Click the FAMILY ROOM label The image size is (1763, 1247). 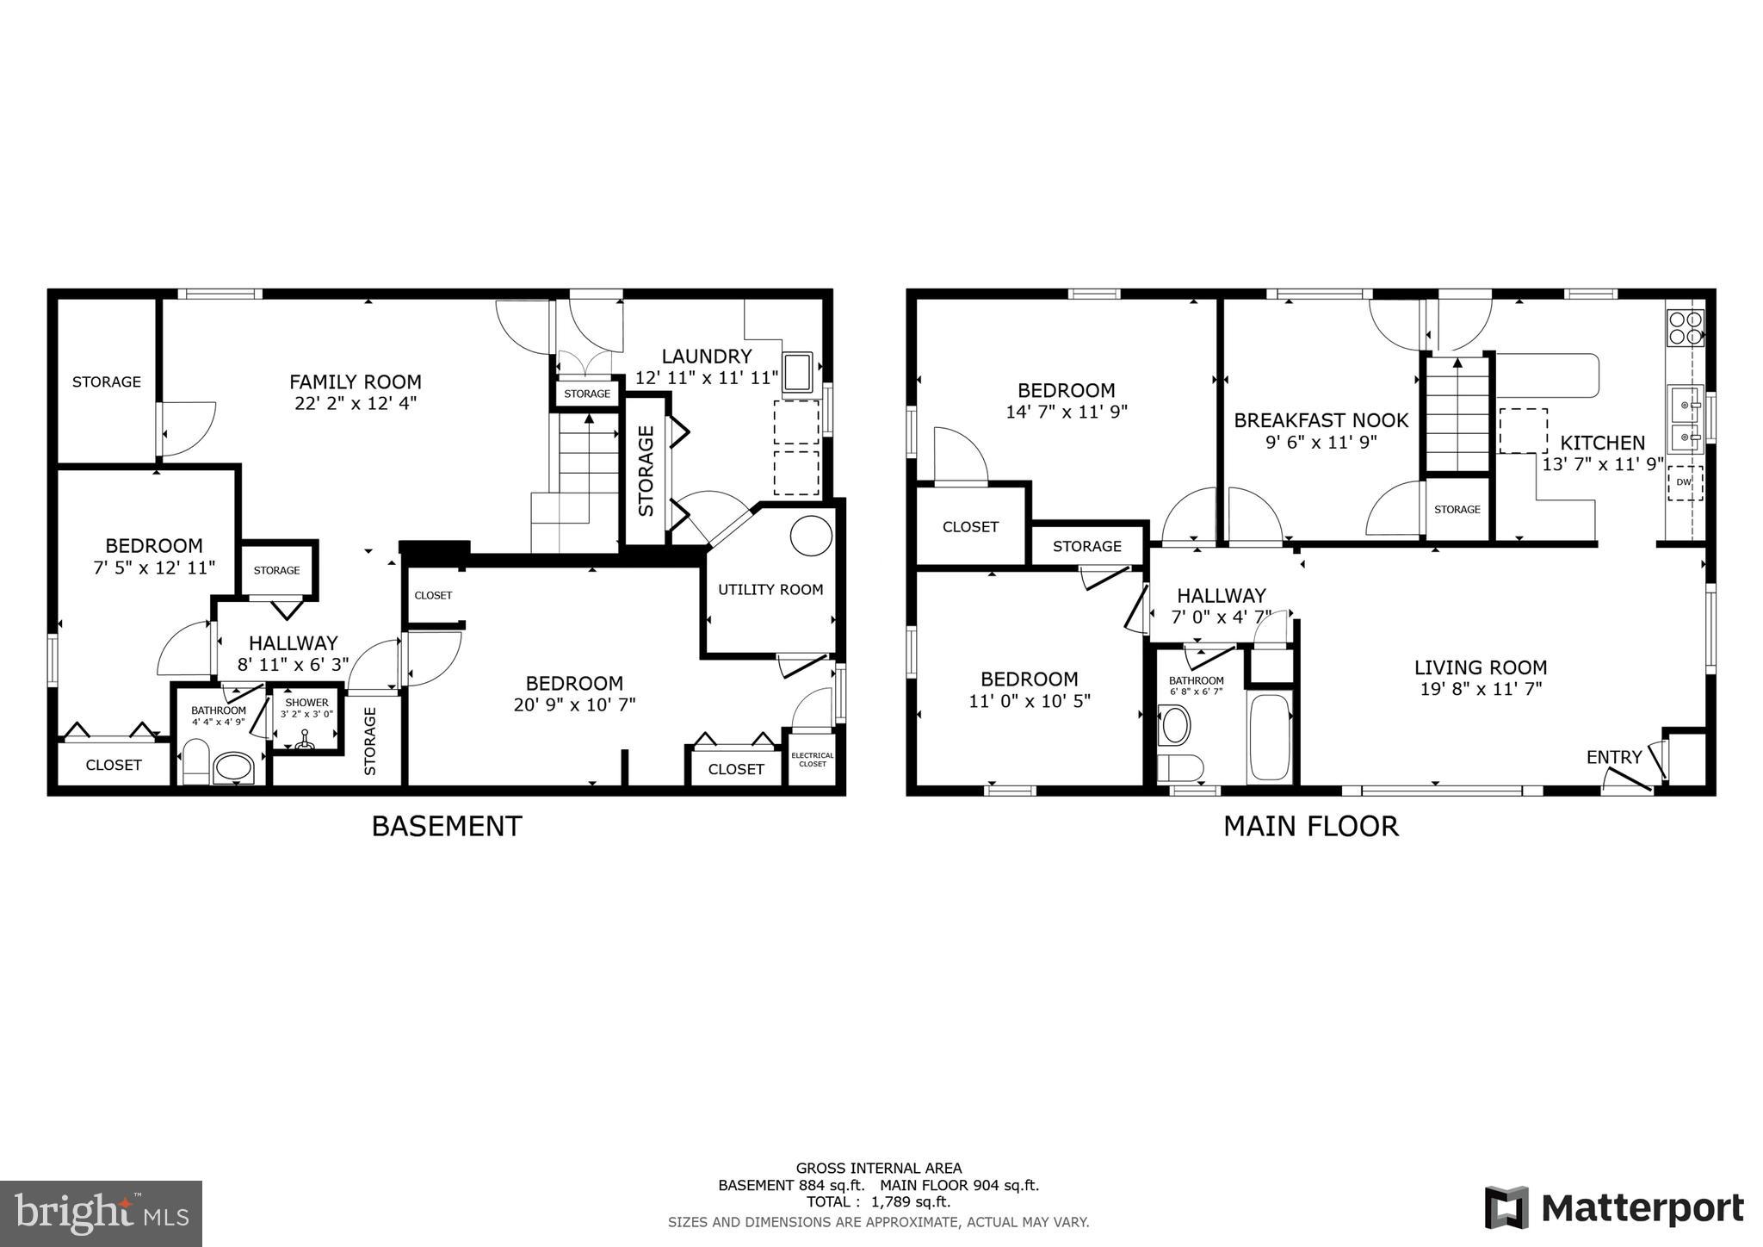pos(356,382)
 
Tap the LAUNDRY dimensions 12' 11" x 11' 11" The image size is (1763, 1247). pos(706,378)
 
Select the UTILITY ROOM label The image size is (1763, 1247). pos(770,590)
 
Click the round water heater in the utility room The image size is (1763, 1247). pos(811,536)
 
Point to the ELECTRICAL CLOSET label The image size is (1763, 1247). pos(812,760)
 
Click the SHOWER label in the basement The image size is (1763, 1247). pos(306,703)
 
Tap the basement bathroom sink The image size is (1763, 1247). pos(233,766)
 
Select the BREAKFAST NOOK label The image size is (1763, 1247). pos(1321,420)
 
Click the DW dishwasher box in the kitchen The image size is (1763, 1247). pos(1684,482)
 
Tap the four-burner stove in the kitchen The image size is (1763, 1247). pos(1686,327)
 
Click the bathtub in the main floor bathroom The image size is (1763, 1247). pos(1269,737)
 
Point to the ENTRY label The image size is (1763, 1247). pos(1614,757)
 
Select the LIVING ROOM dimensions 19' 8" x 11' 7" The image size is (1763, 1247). pos(1481,689)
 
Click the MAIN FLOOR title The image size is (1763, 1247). pos(1310,826)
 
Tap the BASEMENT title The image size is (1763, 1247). pos(446,826)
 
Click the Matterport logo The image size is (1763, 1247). pos(1615,1208)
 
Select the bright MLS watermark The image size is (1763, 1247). pos(102,1213)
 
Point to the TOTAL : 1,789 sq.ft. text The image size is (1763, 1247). pos(878,1202)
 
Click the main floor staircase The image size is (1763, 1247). pos(1457,413)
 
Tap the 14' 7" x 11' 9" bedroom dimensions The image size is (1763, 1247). pos(1066,412)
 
